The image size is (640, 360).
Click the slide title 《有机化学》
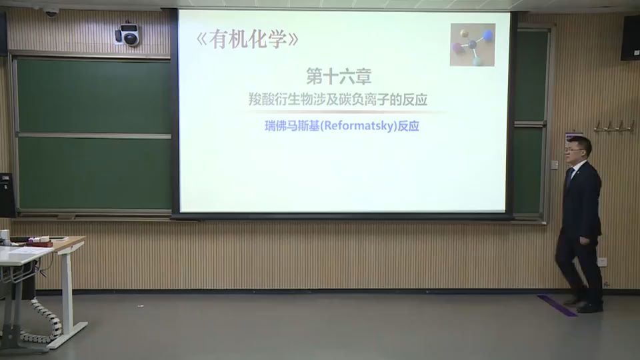click(x=247, y=40)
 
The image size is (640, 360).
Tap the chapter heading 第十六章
click(x=333, y=75)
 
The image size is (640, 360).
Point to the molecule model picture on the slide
click(x=472, y=45)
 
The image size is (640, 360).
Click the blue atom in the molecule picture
click(x=487, y=35)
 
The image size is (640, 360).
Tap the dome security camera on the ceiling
click(x=51, y=11)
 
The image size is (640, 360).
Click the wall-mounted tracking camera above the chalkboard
click(x=128, y=35)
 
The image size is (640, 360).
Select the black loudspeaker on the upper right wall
click(x=630, y=38)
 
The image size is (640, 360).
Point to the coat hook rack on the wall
click(x=613, y=126)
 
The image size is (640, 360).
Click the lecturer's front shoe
click(x=589, y=307)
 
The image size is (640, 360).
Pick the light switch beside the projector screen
click(x=554, y=164)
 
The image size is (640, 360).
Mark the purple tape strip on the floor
click(x=557, y=305)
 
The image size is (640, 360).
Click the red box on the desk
click(x=41, y=243)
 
